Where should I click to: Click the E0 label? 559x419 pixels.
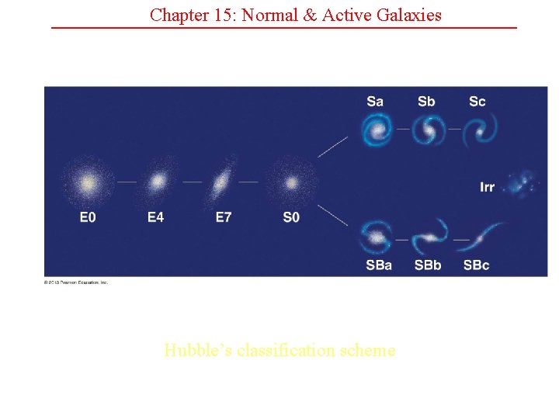[88, 217]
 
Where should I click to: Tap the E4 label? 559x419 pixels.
[156, 217]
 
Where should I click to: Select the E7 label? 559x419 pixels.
[224, 217]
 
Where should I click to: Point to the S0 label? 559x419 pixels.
[291, 217]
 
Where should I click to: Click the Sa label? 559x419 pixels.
[375, 102]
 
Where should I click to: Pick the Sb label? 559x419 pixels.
[426, 102]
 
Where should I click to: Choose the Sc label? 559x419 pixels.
[477, 102]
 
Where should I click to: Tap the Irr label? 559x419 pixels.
[488, 187]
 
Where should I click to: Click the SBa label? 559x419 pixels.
[379, 265]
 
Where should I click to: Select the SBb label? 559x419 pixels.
[428, 265]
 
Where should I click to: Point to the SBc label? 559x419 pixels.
[477, 265]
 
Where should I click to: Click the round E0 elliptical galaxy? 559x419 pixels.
[88, 184]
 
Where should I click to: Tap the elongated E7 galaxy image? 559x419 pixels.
[223, 182]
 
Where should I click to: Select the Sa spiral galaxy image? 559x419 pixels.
[377, 130]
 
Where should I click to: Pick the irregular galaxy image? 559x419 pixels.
[522, 183]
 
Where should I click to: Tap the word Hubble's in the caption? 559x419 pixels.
[196, 351]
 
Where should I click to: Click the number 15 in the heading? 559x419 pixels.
[219, 15]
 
